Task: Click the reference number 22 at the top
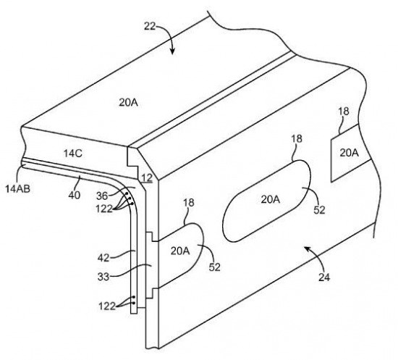click(x=150, y=26)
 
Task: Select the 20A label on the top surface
click(x=128, y=102)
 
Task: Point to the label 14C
click(x=73, y=154)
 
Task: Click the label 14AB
click(x=18, y=188)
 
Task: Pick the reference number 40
click(x=75, y=195)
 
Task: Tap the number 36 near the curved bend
click(x=102, y=196)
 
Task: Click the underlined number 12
click(x=147, y=178)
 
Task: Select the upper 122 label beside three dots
click(x=104, y=209)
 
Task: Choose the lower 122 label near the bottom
click(x=107, y=306)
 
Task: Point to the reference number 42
click(x=103, y=258)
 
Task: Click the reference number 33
click(x=103, y=277)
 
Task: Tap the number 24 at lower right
click(x=324, y=277)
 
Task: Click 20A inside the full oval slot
click(x=271, y=200)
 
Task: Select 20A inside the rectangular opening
click(x=350, y=153)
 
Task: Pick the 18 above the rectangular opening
click(x=344, y=112)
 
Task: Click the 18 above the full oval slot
click(x=297, y=139)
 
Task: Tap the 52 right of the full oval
click(x=319, y=210)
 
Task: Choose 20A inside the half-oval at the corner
click(x=180, y=251)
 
